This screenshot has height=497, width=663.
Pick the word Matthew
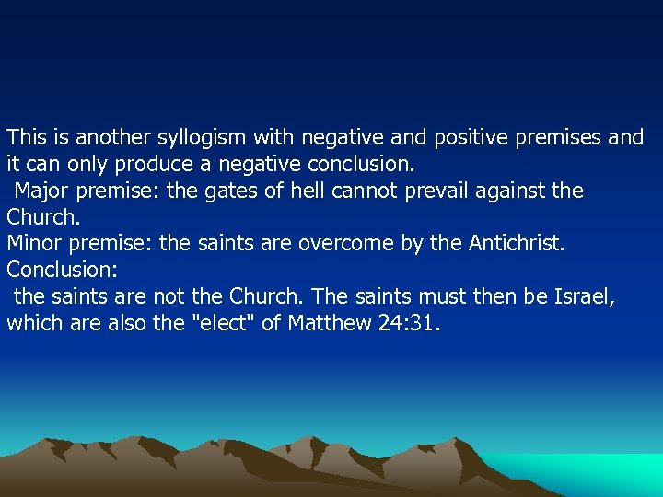pyautogui.click(x=327, y=323)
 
